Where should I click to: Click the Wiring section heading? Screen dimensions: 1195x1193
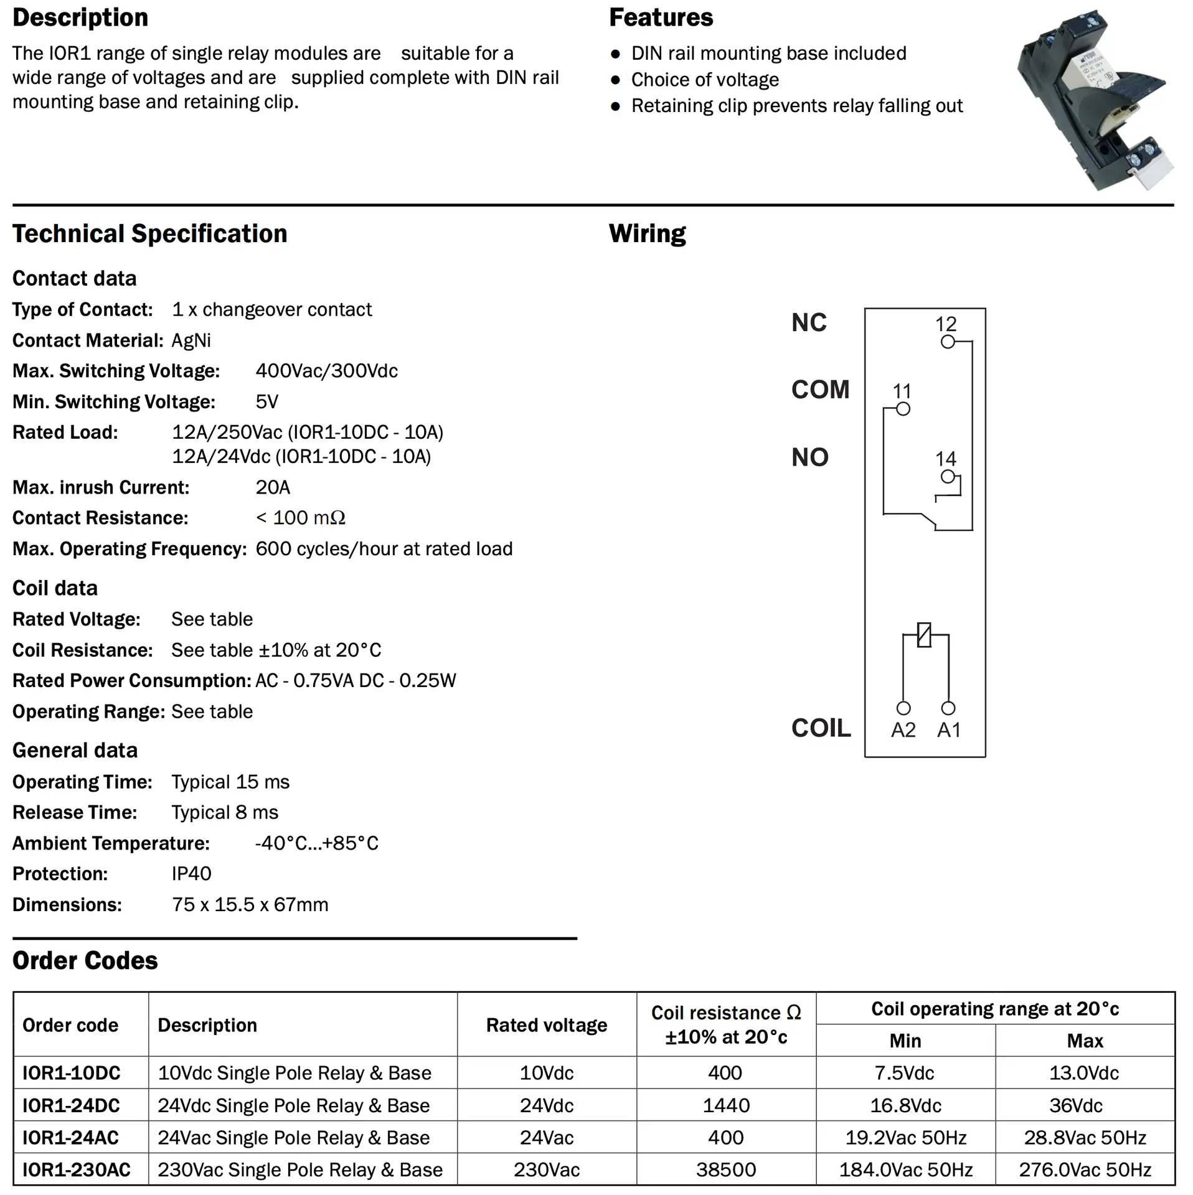click(647, 234)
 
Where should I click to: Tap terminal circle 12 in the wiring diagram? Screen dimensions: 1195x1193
click(948, 342)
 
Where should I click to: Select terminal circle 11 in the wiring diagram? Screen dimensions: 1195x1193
click(903, 409)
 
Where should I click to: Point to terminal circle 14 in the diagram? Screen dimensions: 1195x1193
click(948, 477)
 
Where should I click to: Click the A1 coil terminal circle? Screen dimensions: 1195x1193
click(948, 708)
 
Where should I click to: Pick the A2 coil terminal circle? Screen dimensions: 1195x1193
click(903, 708)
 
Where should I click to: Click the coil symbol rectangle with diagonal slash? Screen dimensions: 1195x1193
click(925, 635)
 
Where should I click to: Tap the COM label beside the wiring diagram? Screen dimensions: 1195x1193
click(820, 390)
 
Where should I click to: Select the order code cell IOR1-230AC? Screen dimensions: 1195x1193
click(77, 1169)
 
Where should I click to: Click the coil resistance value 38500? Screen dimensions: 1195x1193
click(726, 1169)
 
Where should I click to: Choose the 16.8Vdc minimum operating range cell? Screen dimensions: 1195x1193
click(905, 1105)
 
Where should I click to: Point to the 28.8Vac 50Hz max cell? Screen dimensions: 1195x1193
click(1085, 1138)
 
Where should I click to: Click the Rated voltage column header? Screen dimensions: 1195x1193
click(547, 1025)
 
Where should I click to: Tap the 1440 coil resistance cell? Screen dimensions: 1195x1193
click(726, 1105)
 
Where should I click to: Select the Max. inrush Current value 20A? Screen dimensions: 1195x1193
click(273, 487)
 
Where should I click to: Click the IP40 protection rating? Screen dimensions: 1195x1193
click(191, 874)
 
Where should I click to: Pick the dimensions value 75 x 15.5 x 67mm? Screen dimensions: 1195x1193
click(250, 904)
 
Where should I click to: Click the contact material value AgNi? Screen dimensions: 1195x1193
click(191, 340)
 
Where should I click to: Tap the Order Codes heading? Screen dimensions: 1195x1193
click(85, 960)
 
